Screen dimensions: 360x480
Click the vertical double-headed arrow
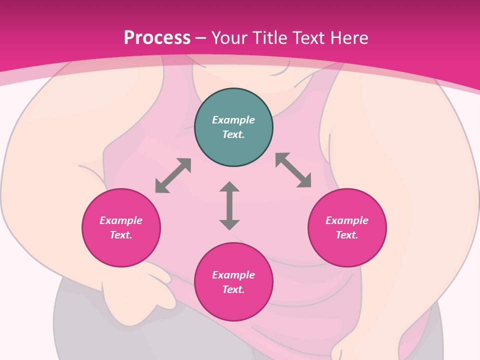pos(229,205)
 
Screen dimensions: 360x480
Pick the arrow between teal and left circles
pos(173,175)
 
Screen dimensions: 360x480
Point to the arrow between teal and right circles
pos(293,170)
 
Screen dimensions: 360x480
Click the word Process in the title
pos(157,37)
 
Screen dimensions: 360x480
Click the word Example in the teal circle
pos(233,120)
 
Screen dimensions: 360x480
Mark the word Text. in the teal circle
pos(233,134)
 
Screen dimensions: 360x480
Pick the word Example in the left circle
pos(121,220)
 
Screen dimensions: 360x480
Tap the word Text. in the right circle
pos(347,235)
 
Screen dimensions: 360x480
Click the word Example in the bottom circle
pos(233,275)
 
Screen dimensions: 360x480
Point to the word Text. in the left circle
pos(121,235)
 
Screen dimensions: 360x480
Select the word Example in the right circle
pos(347,220)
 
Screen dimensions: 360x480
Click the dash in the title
pos(201,38)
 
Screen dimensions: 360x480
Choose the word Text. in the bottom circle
pos(233,289)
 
